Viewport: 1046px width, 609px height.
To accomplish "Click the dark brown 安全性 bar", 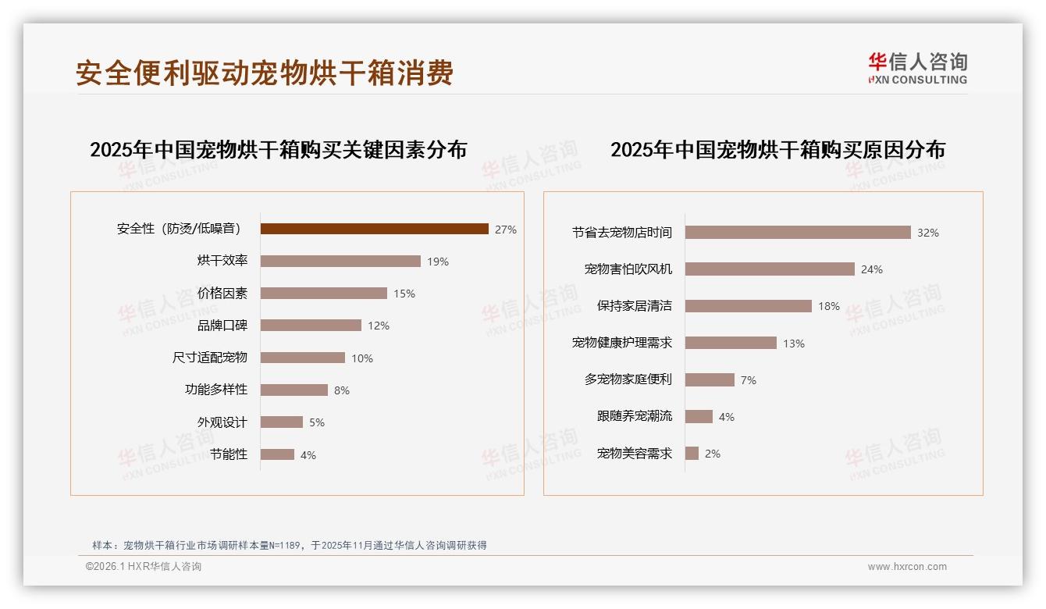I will coord(374,229).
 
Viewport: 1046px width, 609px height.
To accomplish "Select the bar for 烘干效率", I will coord(340,261).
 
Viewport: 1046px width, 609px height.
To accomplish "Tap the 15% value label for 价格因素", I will coord(404,294).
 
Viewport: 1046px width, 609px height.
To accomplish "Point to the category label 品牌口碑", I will coord(222,326).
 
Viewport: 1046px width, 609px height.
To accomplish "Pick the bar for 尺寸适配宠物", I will coord(302,358).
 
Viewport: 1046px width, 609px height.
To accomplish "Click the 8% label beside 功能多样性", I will coord(342,390).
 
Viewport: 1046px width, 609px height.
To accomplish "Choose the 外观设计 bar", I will coord(281,422).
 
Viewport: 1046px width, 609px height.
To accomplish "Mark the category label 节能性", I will coord(228,454).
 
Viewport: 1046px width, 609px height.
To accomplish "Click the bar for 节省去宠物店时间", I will coord(798,232).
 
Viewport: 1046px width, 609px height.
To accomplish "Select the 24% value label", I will coord(872,269).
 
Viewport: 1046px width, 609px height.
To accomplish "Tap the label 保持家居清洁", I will coord(634,306).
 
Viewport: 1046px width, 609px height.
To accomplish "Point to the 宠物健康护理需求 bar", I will coord(731,343).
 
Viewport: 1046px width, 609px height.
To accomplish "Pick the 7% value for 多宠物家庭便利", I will coord(749,380).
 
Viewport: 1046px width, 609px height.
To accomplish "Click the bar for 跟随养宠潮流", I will coord(699,416).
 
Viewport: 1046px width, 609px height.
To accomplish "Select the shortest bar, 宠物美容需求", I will coord(692,453).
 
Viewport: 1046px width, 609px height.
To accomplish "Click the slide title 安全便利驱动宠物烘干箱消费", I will coord(265,73).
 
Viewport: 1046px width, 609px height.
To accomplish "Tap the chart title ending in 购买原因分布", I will coord(777,149).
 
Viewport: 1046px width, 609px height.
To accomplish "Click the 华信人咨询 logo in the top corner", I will coord(917,68).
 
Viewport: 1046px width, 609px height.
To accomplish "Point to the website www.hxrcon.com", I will coord(907,567).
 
